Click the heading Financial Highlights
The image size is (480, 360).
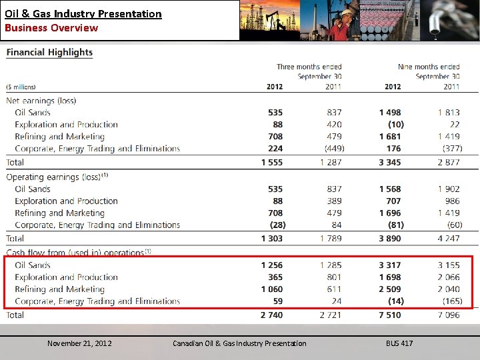pos(50,52)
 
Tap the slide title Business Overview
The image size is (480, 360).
pos(51,27)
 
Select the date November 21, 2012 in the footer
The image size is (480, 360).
pos(79,343)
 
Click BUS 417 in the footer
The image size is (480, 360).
pos(399,343)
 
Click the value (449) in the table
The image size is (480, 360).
pos(333,149)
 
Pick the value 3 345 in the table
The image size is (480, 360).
pos(390,162)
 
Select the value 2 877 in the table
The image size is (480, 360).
pos(449,162)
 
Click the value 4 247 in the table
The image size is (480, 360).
pos(449,238)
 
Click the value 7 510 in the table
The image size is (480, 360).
pos(390,315)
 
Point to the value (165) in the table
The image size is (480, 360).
pos(451,301)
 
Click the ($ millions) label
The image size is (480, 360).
pos(21,87)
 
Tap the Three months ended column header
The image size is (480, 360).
pos(309,67)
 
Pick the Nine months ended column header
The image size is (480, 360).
pos(428,67)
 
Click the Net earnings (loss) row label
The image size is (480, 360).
pos(41,101)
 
